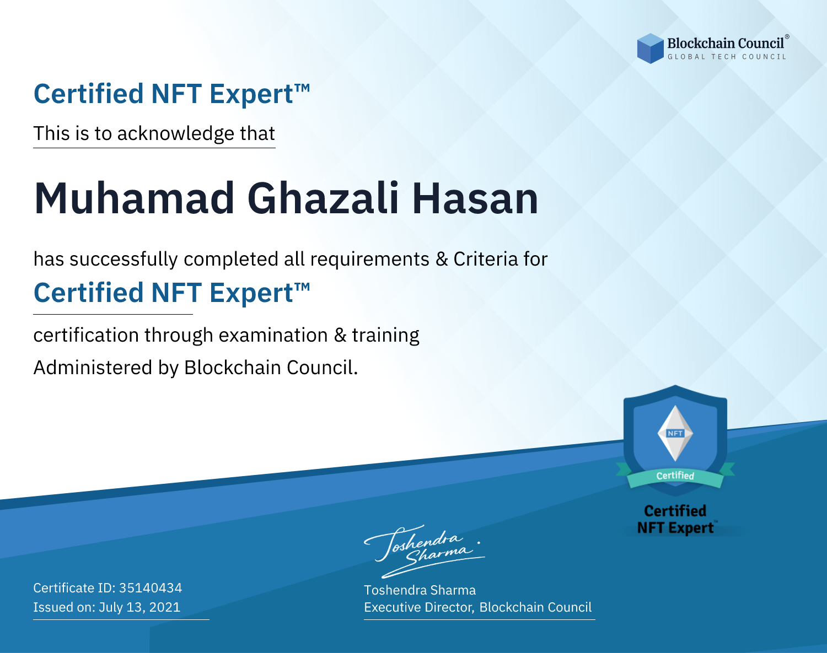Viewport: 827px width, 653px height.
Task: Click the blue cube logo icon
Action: tap(650, 48)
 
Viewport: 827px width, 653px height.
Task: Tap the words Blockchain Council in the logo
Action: tap(726, 43)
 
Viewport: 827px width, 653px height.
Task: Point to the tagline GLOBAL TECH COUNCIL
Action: tap(727, 57)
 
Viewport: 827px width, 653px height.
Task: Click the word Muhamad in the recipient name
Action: tap(134, 198)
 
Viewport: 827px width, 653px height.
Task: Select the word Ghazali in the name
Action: tap(323, 198)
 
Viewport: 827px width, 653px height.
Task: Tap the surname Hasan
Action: tap(475, 198)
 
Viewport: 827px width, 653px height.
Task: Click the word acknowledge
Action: tap(176, 134)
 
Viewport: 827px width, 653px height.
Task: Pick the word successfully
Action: tap(123, 260)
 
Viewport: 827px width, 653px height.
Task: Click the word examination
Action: tap(273, 335)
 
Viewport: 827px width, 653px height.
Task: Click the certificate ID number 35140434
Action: tap(151, 587)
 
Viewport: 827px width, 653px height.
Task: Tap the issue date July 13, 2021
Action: tap(139, 607)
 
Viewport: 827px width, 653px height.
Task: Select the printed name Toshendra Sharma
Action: tap(420, 590)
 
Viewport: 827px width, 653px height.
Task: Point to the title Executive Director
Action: tap(419, 607)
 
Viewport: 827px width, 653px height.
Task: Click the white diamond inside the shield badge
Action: tap(675, 433)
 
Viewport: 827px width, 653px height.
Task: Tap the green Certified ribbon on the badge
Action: tap(675, 476)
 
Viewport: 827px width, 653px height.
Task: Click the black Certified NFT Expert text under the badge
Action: tap(675, 519)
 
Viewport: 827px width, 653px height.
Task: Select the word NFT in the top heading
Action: tap(176, 94)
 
